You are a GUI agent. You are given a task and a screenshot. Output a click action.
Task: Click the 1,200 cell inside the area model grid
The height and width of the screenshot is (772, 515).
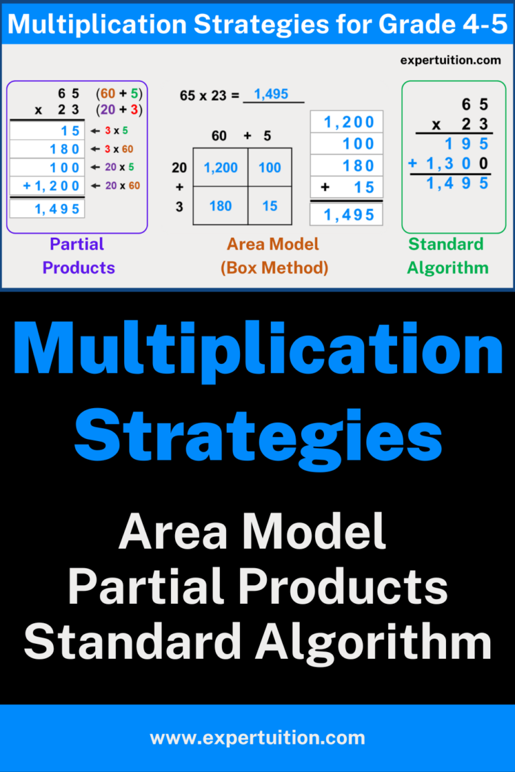click(220, 168)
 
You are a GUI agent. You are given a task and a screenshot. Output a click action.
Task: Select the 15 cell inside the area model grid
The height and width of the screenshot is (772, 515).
click(270, 206)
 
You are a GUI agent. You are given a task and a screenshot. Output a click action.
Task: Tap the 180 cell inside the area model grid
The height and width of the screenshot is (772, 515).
click(220, 206)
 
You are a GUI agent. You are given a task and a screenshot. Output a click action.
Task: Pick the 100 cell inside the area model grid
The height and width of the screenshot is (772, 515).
click(270, 168)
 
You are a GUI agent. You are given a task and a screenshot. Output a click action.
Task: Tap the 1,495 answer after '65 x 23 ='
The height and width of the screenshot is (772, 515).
click(272, 94)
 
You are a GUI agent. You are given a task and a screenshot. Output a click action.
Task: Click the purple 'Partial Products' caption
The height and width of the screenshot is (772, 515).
click(78, 255)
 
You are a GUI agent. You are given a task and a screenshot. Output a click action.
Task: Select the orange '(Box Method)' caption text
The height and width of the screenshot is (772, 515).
click(274, 267)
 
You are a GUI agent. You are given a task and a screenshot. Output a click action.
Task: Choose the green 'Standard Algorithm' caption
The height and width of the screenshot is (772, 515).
click(448, 255)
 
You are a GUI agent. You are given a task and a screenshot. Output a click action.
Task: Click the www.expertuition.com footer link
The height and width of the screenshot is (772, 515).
click(257, 738)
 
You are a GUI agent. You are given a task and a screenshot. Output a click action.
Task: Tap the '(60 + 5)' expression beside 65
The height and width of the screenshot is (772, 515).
click(119, 93)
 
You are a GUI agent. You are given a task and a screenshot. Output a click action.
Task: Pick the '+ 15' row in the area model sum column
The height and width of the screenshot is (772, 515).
click(347, 188)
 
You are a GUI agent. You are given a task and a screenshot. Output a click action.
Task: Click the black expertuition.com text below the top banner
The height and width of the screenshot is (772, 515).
click(450, 60)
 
